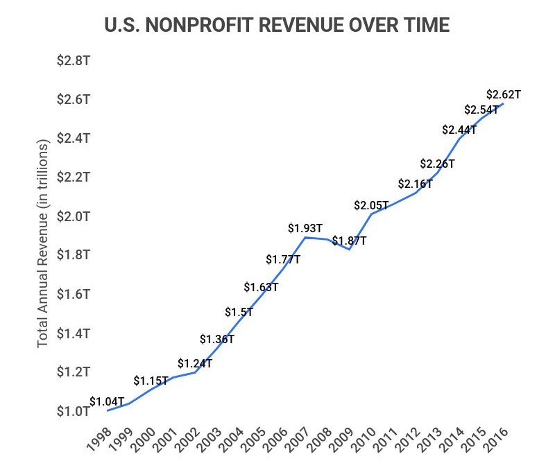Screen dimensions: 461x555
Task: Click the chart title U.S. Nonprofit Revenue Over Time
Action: pos(277,26)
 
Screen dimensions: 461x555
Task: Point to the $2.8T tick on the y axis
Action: pos(74,60)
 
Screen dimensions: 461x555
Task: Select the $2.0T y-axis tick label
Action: pos(74,216)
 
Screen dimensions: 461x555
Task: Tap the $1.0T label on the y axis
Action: pos(74,411)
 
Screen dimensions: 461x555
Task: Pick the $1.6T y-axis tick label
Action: pos(74,294)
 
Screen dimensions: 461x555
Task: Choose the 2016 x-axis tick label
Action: pos(498,440)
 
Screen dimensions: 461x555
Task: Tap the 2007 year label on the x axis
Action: pos(300,440)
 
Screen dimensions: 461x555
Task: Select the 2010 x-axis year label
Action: pos(366,440)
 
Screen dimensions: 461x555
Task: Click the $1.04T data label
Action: pos(107,401)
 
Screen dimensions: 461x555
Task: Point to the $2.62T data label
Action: pos(504,94)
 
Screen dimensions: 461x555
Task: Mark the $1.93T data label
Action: pos(305,227)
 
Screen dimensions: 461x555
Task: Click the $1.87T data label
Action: pos(349,241)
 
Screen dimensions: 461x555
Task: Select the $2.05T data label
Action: pos(371,205)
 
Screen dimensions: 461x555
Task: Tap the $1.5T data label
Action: pos(239,312)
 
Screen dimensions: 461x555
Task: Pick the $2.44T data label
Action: pos(459,130)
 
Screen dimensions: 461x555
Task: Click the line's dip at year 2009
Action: pos(349,249)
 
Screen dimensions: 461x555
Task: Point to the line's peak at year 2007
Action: pos(305,237)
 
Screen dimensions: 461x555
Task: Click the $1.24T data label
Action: pos(195,363)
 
